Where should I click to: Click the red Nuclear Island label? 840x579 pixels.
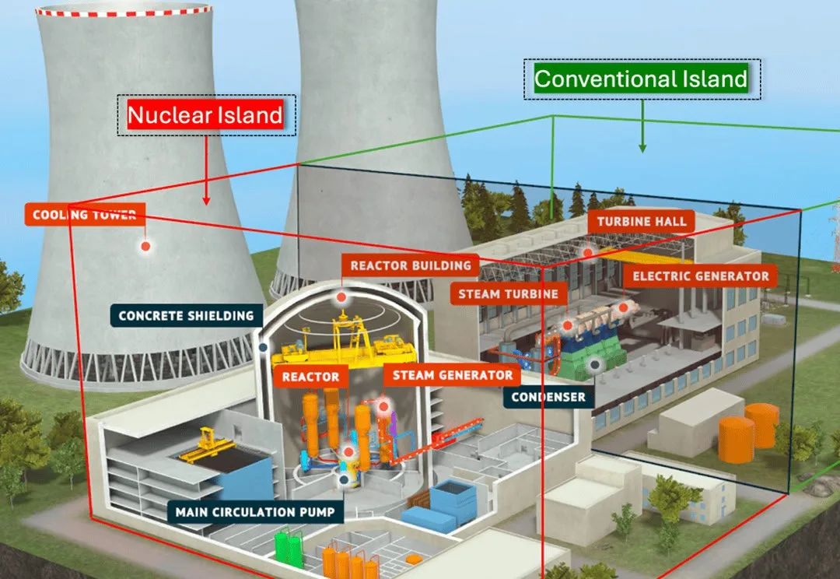pyautogui.click(x=205, y=114)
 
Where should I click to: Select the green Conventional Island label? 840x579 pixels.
pyautogui.click(x=641, y=79)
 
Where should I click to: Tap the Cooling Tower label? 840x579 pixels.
pyautogui.click(x=85, y=215)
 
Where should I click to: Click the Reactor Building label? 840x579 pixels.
pyautogui.click(x=411, y=265)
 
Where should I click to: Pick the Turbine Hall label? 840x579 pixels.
pyautogui.click(x=641, y=222)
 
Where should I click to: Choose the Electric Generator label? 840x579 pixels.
pyautogui.click(x=700, y=276)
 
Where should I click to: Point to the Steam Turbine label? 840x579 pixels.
pyautogui.click(x=509, y=294)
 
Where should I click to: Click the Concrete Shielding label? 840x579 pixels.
pyautogui.click(x=187, y=316)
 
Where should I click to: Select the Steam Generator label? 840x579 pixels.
pyautogui.click(x=452, y=375)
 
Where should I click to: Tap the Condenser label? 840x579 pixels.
pyautogui.click(x=548, y=397)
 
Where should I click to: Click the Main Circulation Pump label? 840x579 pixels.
pyautogui.click(x=255, y=512)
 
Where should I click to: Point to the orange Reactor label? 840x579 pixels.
pyautogui.click(x=310, y=377)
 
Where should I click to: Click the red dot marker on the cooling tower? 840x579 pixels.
pyautogui.click(x=145, y=246)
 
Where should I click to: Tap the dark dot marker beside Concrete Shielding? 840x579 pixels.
pyautogui.click(x=263, y=347)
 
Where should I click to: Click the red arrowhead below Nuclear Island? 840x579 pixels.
pyautogui.click(x=206, y=201)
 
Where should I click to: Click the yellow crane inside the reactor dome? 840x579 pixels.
pyautogui.click(x=344, y=340)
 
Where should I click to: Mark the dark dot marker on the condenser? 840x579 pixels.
pyautogui.click(x=595, y=365)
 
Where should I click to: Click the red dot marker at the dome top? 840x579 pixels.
pyautogui.click(x=341, y=297)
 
